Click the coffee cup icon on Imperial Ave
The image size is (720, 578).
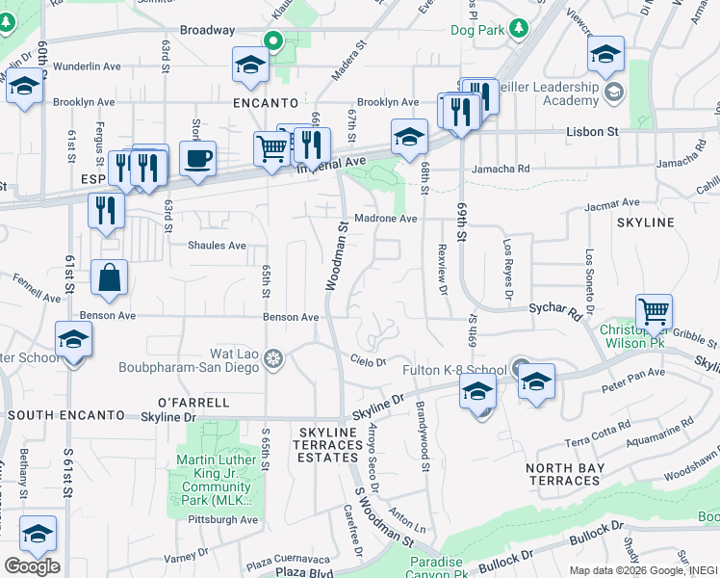pyautogui.click(x=197, y=158)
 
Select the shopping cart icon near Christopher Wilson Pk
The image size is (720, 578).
pyautogui.click(x=654, y=311)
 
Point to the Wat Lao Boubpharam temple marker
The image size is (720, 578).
pyautogui.click(x=274, y=359)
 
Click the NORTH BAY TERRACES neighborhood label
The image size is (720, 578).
pyautogui.click(x=564, y=474)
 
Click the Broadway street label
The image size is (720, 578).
pyautogui.click(x=207, y=31)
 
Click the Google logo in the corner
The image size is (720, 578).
pyautogui.click(x=32, y=565)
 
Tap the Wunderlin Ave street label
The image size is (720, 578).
pyautogui.click(x=87, y=66)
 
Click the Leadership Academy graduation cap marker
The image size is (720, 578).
pyautogui.click(x=614, y=92)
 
